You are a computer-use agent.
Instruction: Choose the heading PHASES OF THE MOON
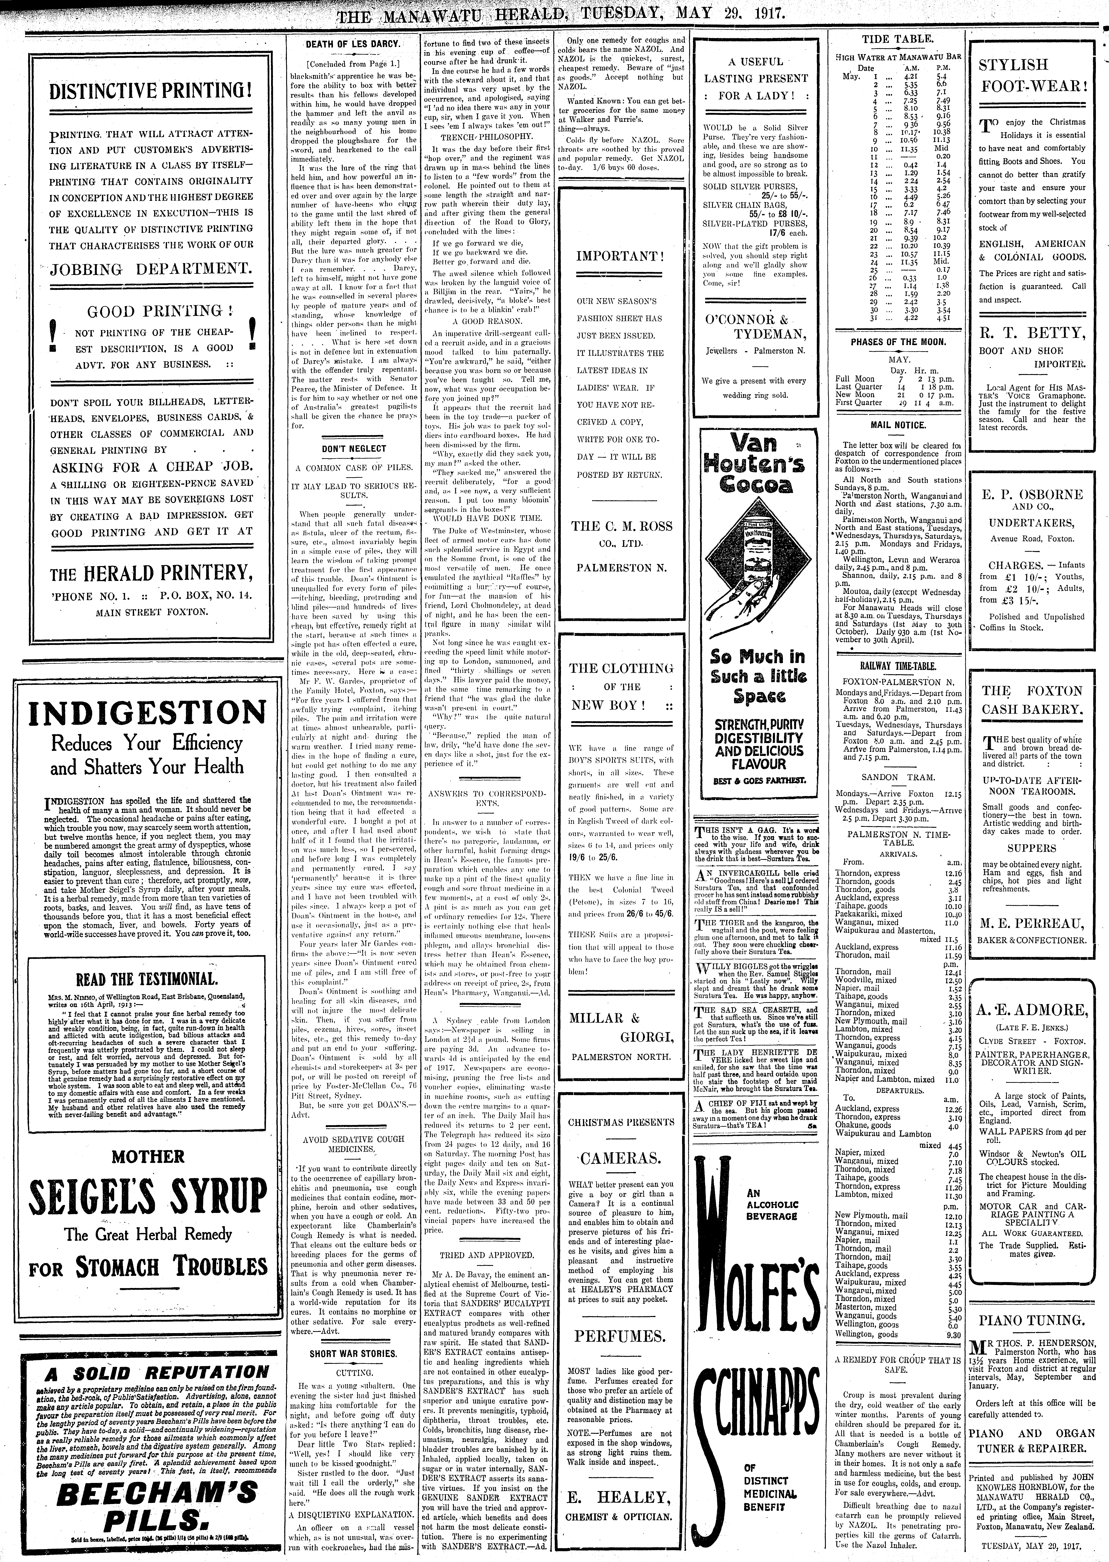click(x=898, y=342)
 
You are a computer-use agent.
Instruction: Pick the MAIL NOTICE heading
click(x=898, y=425)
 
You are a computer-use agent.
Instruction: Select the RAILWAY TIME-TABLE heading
click(x=898, y=666)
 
